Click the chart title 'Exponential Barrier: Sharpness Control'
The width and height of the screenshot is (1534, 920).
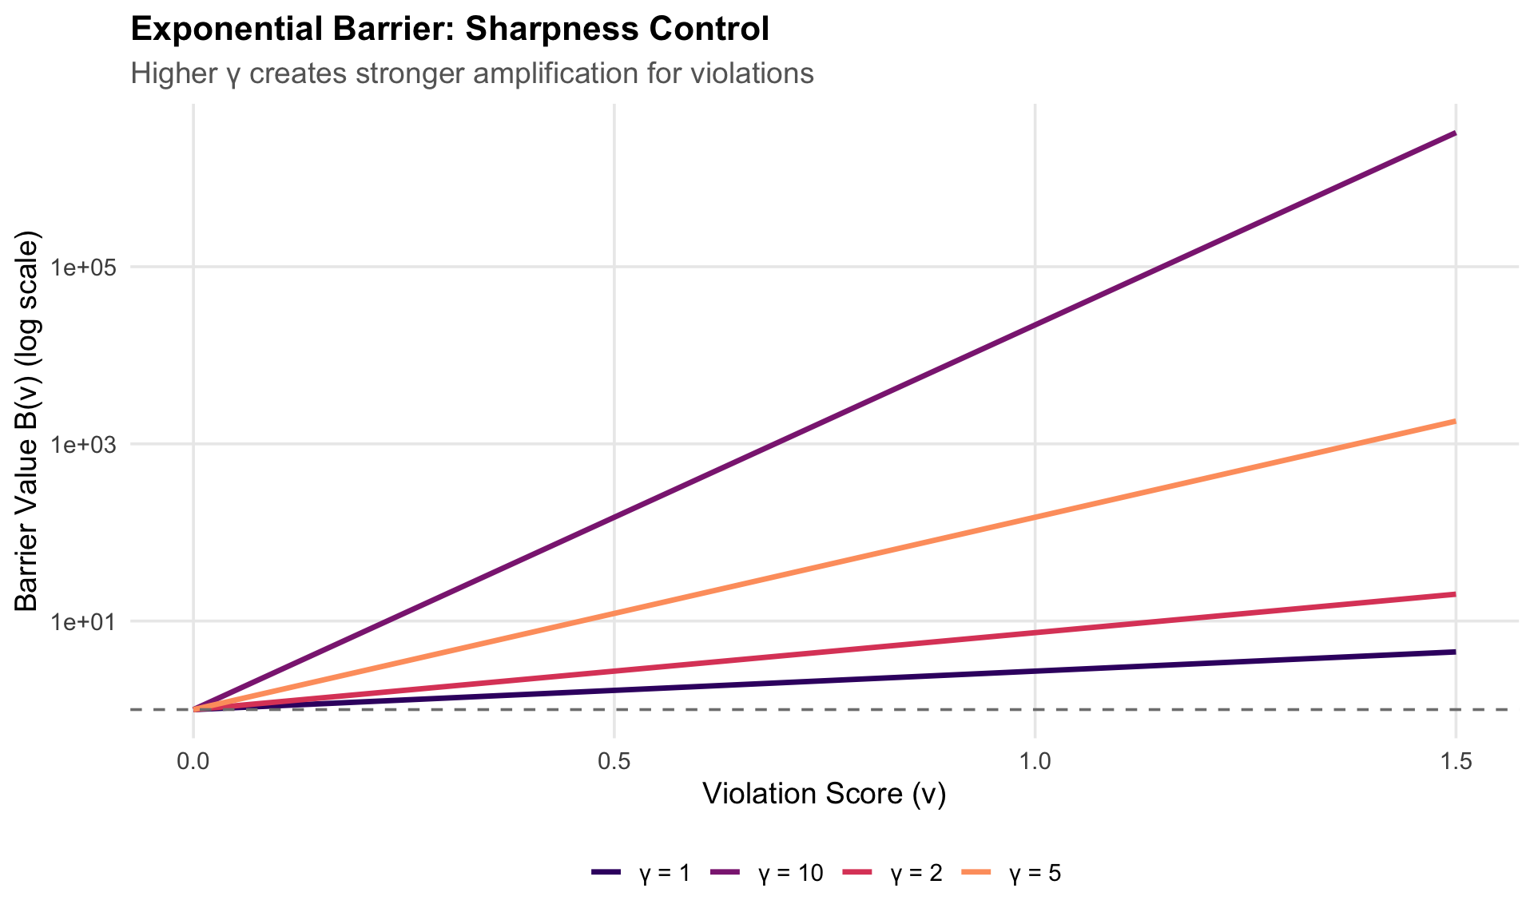(x=449, y=30)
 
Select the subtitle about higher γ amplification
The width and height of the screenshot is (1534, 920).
(x=471, y=74)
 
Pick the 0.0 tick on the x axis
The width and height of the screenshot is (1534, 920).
(x=193, y=761)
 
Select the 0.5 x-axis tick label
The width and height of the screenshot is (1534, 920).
(x=614, y=761)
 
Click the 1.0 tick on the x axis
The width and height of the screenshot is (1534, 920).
(x=1035, y=761)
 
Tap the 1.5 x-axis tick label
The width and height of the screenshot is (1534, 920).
(x=1456, y=761)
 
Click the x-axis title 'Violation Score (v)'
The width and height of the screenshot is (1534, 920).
(x=824, y=795)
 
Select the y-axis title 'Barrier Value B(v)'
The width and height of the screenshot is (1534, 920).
(x=27, y=422)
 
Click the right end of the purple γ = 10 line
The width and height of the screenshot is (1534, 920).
(x=1455, y=133)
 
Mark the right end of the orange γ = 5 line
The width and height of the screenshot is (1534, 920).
(x=1455, y=421)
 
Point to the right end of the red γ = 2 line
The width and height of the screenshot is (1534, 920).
(x=1455, y=594)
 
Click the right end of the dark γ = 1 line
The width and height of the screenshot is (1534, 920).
(x=1455, y=652)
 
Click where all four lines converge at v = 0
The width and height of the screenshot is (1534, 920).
(x=194, y=708)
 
